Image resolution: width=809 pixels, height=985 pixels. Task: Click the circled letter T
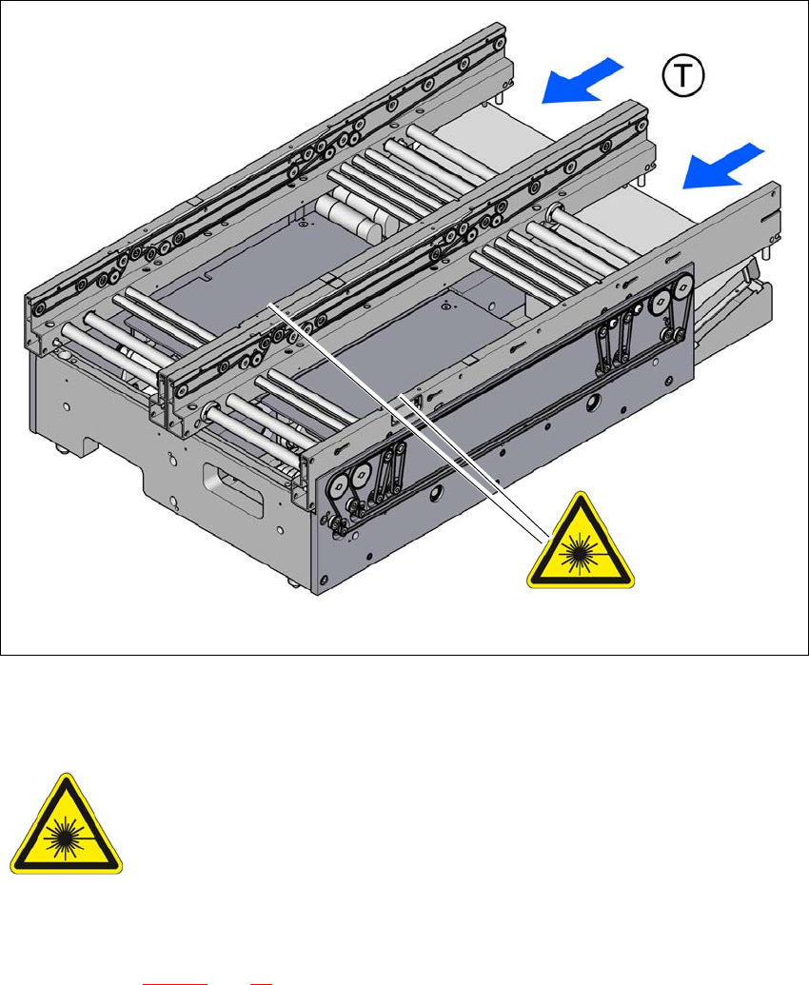683,76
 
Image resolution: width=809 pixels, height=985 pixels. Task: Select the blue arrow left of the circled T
581,80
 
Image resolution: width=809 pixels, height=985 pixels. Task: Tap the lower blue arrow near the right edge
722,167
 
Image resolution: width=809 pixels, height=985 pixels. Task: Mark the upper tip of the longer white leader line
269,304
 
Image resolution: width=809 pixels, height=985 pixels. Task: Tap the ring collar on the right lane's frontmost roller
209,412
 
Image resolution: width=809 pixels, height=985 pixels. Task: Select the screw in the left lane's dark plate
303,222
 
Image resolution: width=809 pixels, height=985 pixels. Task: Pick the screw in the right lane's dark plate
445,307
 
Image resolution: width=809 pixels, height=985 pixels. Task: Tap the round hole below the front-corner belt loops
436,494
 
